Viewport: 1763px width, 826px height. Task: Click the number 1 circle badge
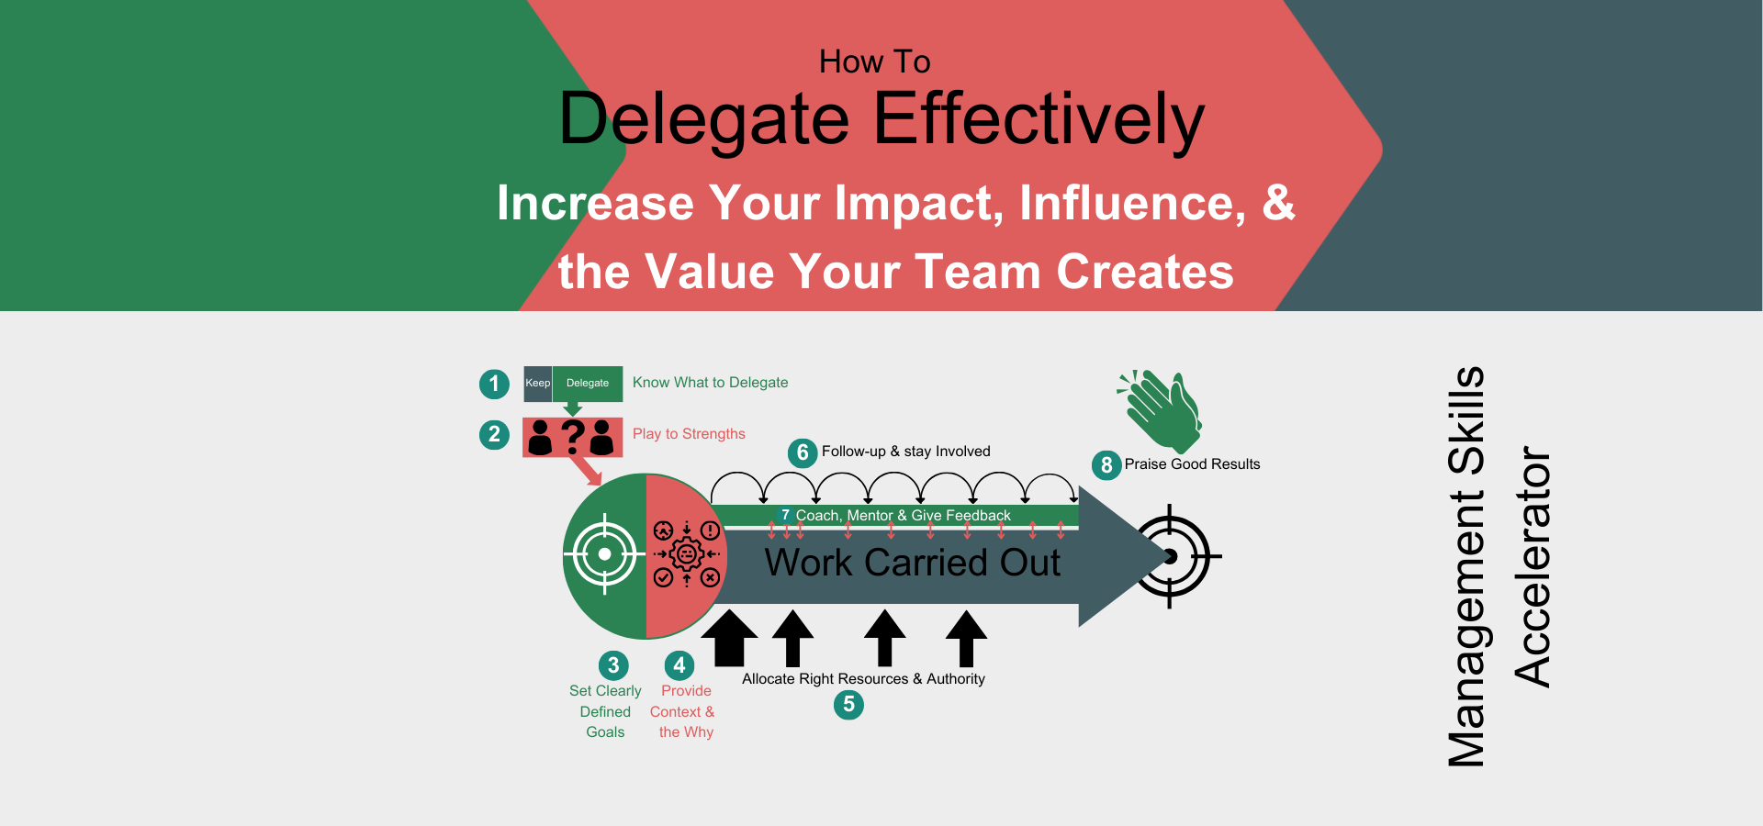point(494,384)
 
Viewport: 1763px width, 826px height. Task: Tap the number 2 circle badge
point(494,434)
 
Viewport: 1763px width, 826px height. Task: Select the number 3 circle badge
point(613,665)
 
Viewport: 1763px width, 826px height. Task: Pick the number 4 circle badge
point(679,665)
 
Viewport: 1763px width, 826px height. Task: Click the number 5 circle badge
point(848,705)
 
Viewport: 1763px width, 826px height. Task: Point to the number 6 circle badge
point(803,452)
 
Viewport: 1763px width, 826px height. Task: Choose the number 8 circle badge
point(1106,465)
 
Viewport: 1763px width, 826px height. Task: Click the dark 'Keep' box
point(538,384)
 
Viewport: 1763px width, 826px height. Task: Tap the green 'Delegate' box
point(588,384)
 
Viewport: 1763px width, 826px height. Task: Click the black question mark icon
point(573,437)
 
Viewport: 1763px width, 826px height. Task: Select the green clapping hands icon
point(1160,411)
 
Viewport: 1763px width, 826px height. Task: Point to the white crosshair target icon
point(604,554)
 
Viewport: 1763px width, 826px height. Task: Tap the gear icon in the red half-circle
point(687,554)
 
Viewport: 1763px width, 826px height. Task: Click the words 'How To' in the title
point(875,61)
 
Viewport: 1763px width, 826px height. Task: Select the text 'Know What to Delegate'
point(710,383)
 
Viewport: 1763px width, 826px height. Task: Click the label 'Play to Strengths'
point(689,434)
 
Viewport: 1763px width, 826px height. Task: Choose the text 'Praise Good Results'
point(1192,464)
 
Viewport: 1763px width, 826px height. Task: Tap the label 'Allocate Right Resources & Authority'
point(863,679)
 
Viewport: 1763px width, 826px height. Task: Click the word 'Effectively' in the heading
point(1039,120)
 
